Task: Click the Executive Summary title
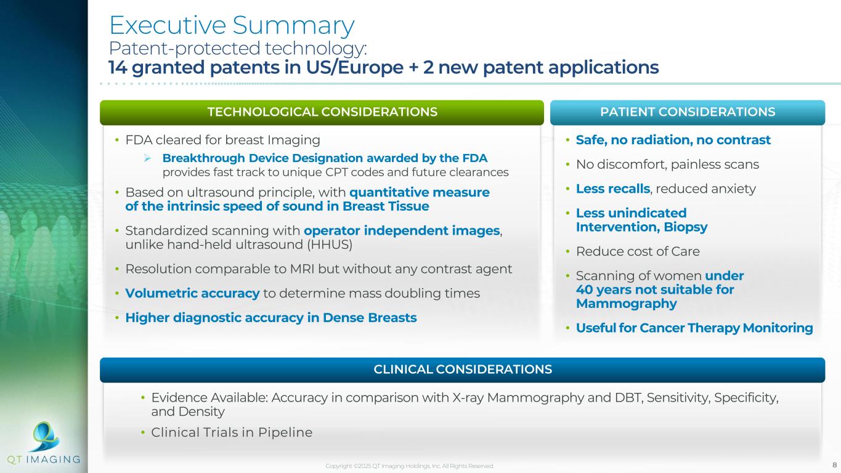click(x=232, y=25)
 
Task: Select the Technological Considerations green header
click(x=322, y=112)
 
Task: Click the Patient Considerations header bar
click(x=688, y=112)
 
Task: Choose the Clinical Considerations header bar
click(x=463, y=370)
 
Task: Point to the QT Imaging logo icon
click(x=45, y=436)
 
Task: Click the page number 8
click(x=834, y=465)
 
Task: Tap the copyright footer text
click(x=410, y=466)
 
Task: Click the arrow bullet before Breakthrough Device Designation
click(x=147, y=158)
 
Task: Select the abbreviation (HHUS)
click(x=330, y=245)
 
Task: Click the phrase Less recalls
click(x=612, y=189)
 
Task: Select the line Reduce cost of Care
click(x=638, y=251)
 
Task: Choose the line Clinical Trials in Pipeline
click(x=232, y=432)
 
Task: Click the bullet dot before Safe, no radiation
click(x=567, y=140)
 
